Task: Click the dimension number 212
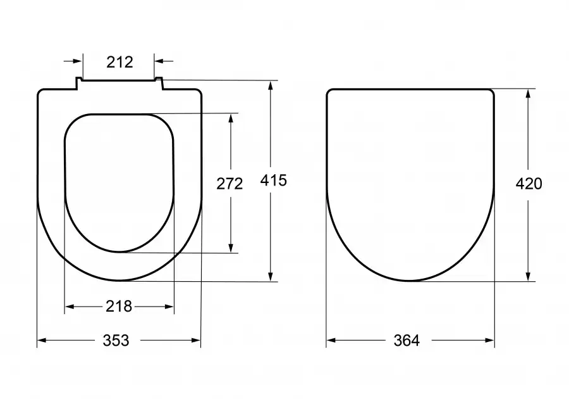[x=119, y=62]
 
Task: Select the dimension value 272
[x=229, y=184]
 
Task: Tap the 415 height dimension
[x=274, y=180]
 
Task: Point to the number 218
[x=119, y=307]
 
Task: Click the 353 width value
[x=116, y=341]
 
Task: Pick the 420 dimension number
[x=529, y=184]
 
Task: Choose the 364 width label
[x=407, y=341]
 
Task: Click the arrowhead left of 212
[x=78, y=61]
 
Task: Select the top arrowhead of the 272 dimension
[x=231, y=119]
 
